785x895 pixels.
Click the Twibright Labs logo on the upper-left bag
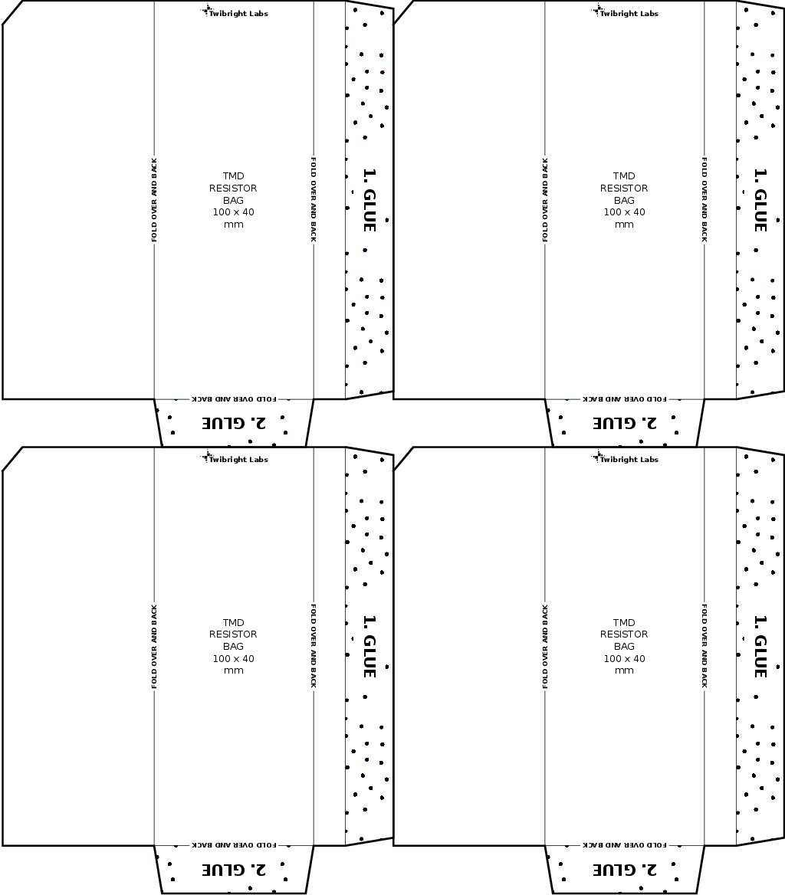[234, 11]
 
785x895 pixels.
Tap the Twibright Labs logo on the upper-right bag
[625, 11]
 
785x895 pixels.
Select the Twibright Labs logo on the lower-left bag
[234, 457]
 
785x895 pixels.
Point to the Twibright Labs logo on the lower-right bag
[625, 457]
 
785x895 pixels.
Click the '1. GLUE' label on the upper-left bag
[370, 200]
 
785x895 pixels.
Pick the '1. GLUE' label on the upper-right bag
[760, 200]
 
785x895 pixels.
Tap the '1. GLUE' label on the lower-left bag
[370, 646]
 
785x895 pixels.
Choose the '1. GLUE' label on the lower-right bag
[760, 646]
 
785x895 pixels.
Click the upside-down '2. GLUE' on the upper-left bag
[234, 423]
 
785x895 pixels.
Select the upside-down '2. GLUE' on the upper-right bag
[625, 423]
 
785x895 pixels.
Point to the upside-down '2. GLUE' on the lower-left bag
[234, 869]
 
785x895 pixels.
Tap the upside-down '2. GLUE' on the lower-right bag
[625, 869]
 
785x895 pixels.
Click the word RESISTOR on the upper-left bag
[233, 188]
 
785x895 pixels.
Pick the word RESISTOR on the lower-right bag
[624, 634]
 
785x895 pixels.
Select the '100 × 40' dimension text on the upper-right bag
[624, 211]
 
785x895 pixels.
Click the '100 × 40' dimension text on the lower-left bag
[233, 658]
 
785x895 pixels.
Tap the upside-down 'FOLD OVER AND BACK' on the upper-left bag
[234, 398]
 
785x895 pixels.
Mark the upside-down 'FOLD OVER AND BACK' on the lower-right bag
[625, 844]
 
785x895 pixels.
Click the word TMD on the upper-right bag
[624, 175]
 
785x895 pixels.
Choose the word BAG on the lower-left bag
[233, 646]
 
